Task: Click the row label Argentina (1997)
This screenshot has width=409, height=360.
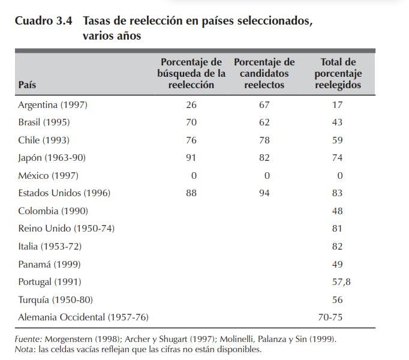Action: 53,104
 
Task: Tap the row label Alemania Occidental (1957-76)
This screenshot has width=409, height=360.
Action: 83,317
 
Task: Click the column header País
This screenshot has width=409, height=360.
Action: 27,85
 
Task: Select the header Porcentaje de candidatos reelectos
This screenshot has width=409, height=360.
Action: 264,73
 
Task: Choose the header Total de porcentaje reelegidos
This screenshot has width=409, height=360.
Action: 338,73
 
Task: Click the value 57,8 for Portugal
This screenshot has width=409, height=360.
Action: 338,281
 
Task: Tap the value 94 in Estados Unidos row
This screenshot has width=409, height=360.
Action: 264,193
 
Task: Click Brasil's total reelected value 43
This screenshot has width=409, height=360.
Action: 337,122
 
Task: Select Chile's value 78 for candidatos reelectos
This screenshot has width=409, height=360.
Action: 264,140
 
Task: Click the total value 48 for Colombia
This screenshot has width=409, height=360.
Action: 337,211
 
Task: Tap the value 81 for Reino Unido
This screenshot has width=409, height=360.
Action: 337,229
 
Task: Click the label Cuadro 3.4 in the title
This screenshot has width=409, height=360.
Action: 43,20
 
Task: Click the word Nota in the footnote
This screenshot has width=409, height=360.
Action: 24,349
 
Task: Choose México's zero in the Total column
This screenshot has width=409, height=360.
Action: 339,176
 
